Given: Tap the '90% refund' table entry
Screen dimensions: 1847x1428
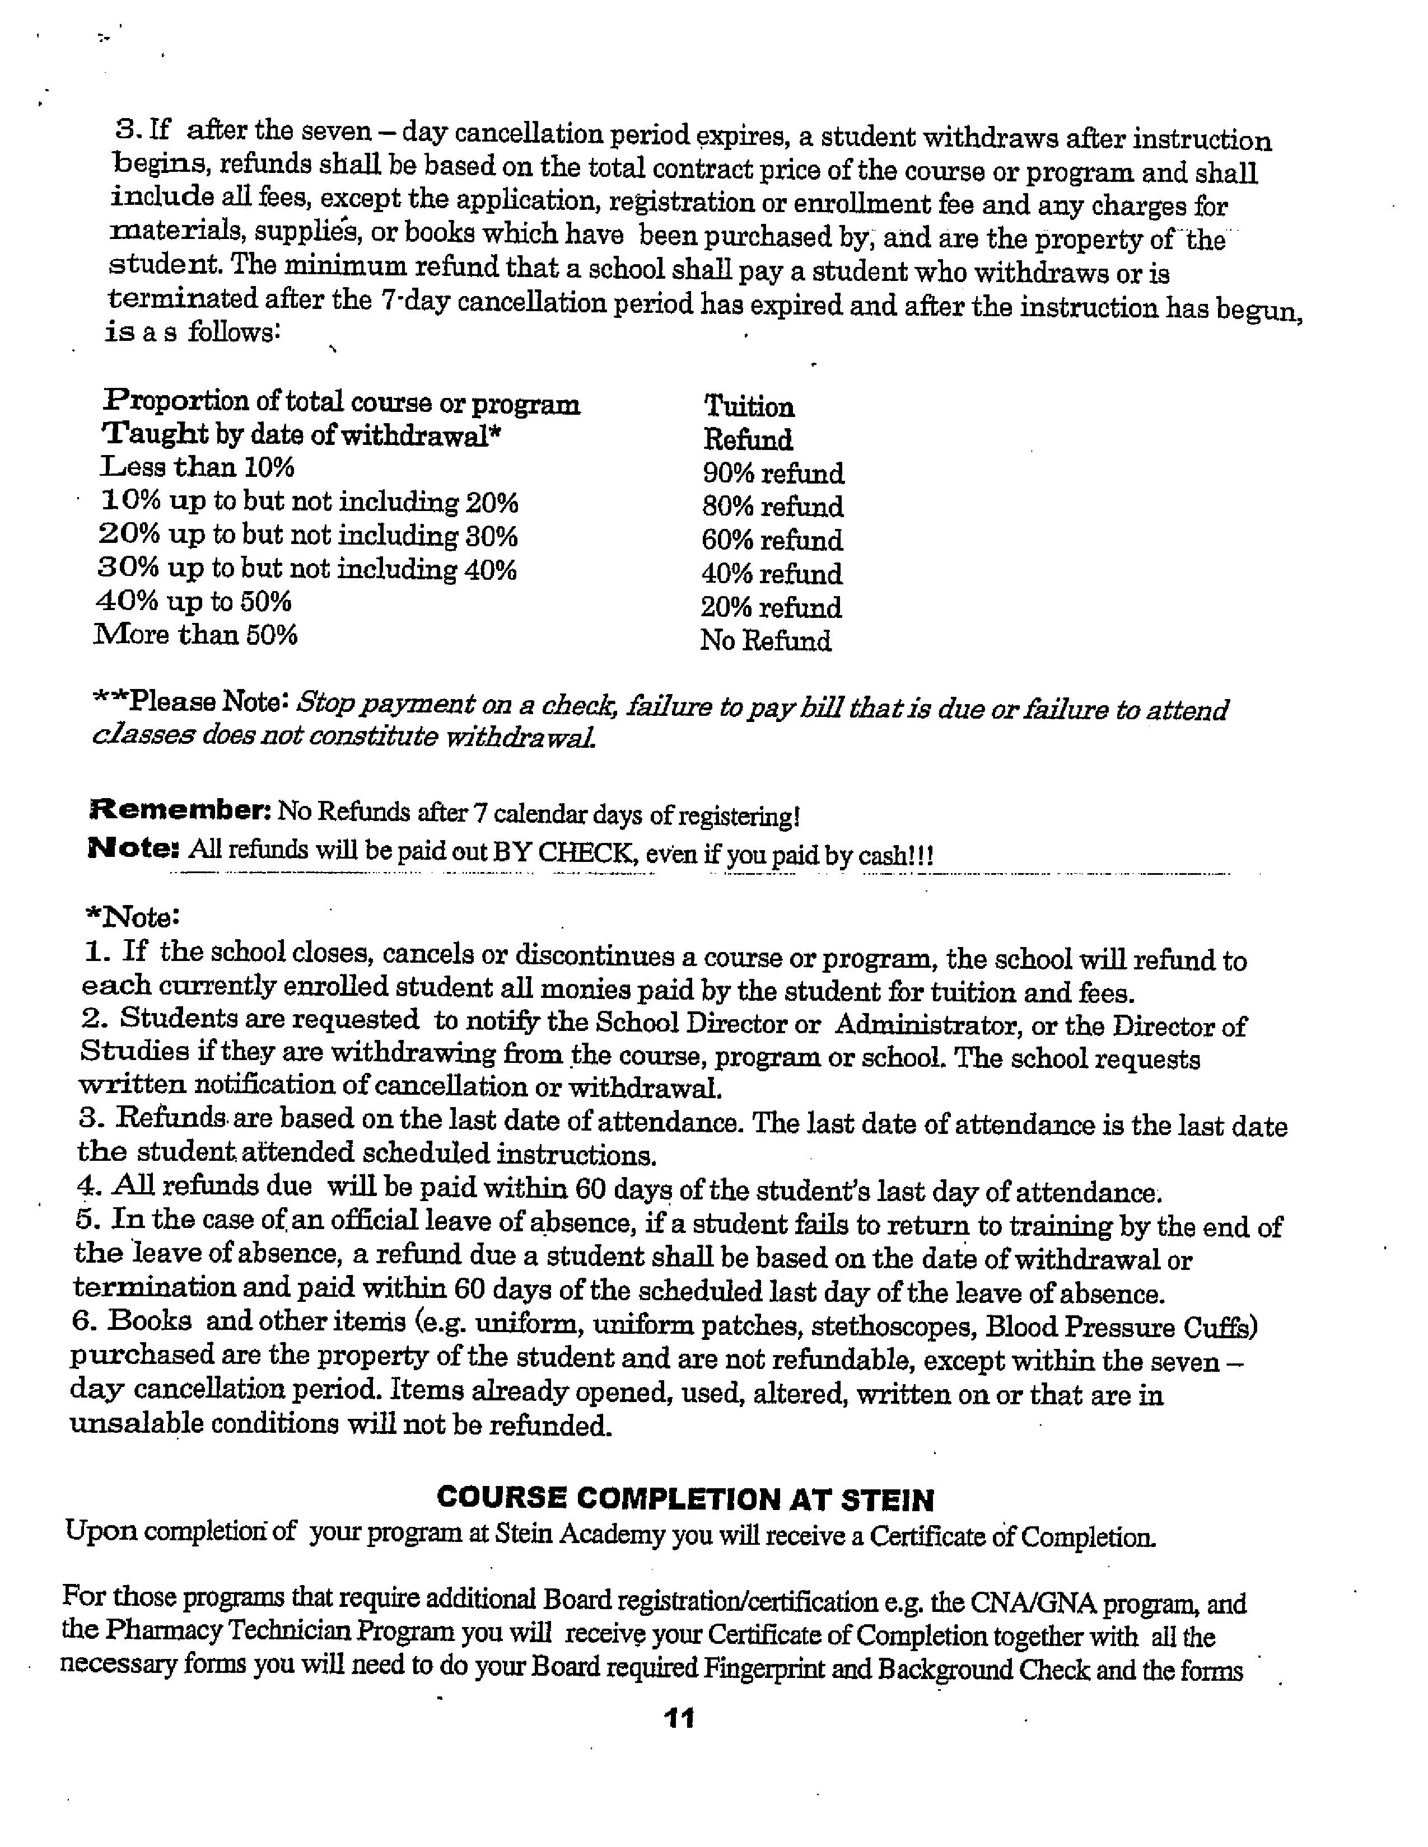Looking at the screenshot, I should click(x=772, y=473).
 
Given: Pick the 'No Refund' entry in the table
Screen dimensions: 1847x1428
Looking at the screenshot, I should click(x=765, y=641).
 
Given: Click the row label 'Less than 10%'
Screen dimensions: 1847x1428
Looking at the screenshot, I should click(x=197, y=467).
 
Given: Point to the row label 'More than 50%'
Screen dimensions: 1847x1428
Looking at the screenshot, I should click(x=195, y=635).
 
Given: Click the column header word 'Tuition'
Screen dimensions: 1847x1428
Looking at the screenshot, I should click(x=749, y=407).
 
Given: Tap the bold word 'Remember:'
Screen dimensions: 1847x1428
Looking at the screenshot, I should click(x=179, y=811).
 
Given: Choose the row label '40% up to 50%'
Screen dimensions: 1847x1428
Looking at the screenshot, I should click(x=194, y=602).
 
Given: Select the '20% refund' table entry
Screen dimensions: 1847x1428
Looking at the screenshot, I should click(x=771, y=607).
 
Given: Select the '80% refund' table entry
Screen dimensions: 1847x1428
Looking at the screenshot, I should click(x=772, y=507).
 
